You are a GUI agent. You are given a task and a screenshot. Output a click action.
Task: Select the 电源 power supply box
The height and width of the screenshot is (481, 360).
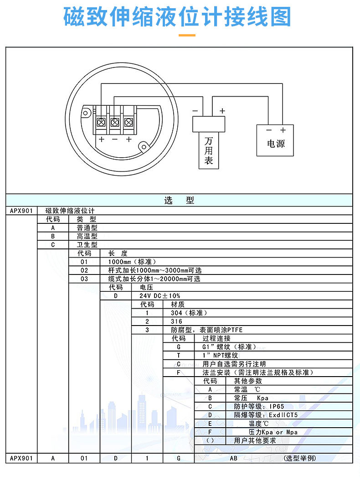(x=275, y=140)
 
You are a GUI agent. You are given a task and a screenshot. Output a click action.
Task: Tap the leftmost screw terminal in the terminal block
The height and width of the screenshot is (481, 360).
(x=101, y=122)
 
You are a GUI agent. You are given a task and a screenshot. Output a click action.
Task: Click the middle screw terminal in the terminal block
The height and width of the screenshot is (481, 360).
(x=115, y=122)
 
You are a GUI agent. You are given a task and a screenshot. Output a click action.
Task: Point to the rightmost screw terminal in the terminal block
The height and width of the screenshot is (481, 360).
(x=129, y=122)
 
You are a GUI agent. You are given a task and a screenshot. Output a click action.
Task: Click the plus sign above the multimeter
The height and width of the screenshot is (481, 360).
(x=222, y=111)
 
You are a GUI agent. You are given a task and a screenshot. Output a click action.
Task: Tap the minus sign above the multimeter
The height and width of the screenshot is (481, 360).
(x=195, y=111)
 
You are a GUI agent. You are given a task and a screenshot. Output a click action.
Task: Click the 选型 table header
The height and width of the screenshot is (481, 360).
(x=179, y=200)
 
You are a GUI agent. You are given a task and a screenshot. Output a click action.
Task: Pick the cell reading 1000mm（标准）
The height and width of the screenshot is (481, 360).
(x=132, y=262)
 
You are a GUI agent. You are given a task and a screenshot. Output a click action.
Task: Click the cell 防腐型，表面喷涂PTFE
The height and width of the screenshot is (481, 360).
(x=201, y=330)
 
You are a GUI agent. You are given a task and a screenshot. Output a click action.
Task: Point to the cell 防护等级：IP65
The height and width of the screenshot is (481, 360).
(x=259, y=406)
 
